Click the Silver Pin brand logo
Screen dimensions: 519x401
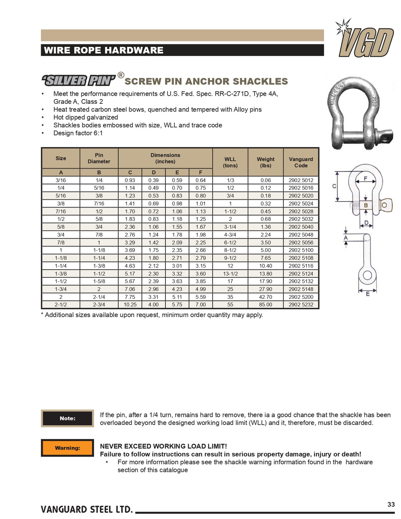pos(78,80)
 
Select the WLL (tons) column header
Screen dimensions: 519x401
pos(230,162)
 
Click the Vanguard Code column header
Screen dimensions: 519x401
pos(301,162)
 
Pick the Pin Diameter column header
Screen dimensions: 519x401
pos(99,158)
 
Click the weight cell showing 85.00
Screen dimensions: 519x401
pos(266,305)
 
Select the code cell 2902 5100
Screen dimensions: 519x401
pos(301,250)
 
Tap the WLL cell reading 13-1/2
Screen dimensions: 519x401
pos(230,274)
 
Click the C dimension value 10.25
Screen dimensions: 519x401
pos(130,305)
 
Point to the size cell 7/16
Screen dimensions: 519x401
pos(61,211)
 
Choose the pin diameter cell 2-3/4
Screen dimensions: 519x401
pos(99,305)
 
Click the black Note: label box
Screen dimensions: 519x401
pos(67,418)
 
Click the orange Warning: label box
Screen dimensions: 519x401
pos(67,448)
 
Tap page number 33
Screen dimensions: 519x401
pos(391,504)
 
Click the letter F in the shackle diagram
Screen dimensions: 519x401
pos(366,179)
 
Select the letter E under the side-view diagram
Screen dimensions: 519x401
pos(368,294)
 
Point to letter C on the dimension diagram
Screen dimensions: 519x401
pos(334,186)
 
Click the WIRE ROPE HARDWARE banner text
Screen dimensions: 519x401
pos(103,50)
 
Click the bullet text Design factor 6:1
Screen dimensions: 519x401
pos(78,133)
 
